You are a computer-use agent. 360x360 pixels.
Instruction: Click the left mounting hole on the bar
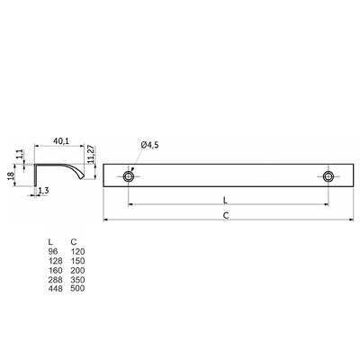tap(129, 176)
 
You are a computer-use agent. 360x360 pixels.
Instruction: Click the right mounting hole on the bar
tap(328, 176)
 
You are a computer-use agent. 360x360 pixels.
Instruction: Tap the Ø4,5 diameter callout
tap(149, 145)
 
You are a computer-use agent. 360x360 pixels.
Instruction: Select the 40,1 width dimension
tap(61, 140)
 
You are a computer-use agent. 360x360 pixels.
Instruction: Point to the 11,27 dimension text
tap(92, 154)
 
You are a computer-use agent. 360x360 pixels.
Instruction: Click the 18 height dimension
tap(11, 175)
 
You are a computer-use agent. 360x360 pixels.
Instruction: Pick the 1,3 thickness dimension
tap(44, 190)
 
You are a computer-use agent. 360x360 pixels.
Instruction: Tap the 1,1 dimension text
tap(20, 154)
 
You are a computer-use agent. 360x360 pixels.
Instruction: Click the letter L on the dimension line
tap(225, 201)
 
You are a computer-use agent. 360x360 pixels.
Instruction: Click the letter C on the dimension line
tap(226, 216)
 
